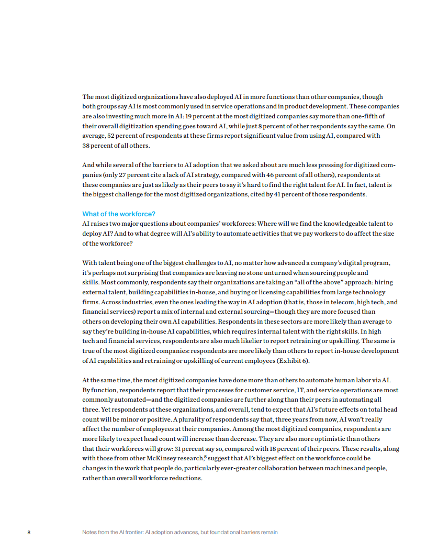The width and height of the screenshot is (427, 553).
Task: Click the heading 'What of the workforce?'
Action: [119, 214]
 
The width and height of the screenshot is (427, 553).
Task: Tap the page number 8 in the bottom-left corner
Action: [29, 533]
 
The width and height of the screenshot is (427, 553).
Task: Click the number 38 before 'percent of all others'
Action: [86, 146]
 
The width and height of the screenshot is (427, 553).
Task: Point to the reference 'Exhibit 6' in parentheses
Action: [305, 361]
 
